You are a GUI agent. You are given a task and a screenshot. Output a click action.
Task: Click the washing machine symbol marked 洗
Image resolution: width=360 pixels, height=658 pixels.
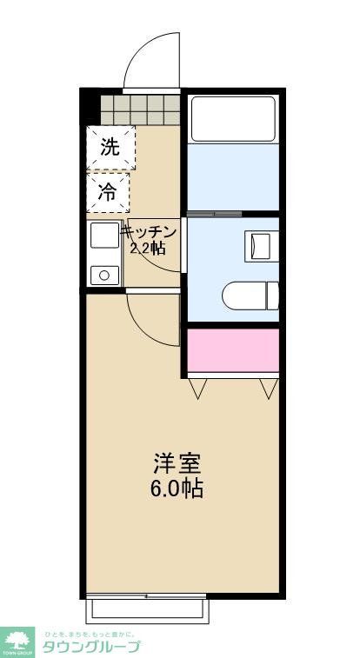pos(110,147)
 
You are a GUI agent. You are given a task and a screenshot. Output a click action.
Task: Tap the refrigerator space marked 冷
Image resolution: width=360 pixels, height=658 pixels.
pos(108,193)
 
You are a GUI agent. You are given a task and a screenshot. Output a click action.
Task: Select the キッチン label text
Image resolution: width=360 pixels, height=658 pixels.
pos(149,232)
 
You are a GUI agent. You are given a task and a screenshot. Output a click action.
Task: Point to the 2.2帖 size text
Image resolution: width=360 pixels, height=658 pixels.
pos(148,248)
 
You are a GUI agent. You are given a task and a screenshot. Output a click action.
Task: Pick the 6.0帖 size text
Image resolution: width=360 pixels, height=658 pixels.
pos(177,488)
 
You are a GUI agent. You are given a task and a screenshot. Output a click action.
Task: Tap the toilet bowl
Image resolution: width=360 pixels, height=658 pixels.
pos(248,296)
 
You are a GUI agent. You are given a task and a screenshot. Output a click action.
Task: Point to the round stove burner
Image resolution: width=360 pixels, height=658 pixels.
pos(104,276)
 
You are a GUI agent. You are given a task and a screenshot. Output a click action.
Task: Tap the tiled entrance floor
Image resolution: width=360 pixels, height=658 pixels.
pos(140,110)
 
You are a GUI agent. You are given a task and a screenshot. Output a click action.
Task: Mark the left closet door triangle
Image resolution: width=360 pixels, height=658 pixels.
pos(197,389)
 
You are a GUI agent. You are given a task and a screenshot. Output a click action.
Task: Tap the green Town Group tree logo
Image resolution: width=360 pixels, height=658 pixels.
pos(17,641)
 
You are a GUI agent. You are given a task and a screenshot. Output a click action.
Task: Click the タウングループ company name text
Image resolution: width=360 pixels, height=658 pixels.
pos(90,647)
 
